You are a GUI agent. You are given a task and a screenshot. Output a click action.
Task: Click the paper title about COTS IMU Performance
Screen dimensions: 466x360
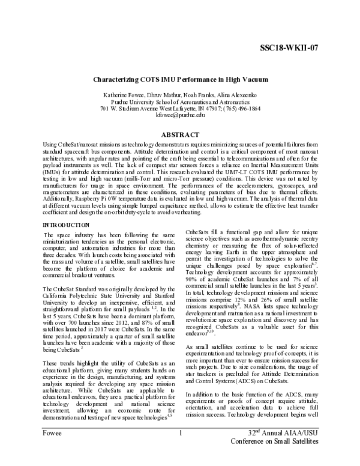(180, 79)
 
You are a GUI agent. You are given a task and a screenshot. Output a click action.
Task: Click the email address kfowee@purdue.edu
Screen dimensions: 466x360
(180, 115)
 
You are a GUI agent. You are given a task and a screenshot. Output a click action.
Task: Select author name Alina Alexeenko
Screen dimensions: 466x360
(240, 95)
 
